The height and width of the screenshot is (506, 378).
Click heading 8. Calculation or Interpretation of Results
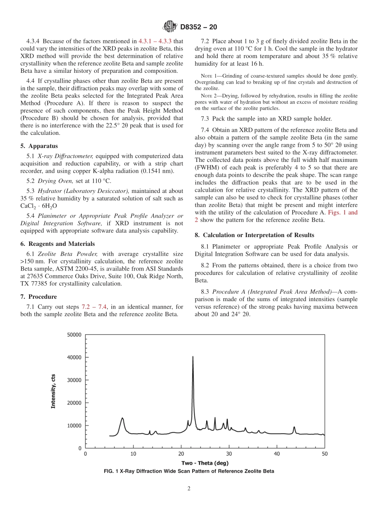[x=254, y=235]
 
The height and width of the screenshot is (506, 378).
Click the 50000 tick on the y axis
[x=73, y=335]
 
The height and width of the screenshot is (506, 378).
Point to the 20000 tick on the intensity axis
[x=73, y=403]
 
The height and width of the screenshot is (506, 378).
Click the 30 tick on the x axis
[x=229, y=454]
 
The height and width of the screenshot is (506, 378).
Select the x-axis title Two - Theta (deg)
[x=205, y=463]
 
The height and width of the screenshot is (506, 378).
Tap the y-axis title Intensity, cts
[x=53, y=391]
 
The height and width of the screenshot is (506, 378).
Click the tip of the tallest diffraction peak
[x=193, y=357]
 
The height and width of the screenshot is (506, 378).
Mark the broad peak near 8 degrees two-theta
[x=122, y=418]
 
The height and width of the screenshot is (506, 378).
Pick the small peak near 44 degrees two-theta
[x=294, y=427]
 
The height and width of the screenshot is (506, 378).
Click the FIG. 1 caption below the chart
[x=189, y=471]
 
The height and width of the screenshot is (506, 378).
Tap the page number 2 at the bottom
[x=189, y=489]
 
